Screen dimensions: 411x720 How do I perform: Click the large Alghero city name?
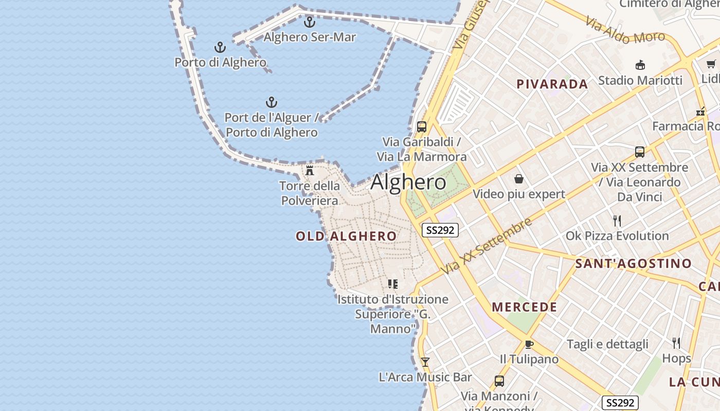(x=408, y=182)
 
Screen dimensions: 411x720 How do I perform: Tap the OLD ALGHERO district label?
(x=346, y=236)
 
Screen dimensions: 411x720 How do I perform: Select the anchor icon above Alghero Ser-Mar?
(x=309, y=22)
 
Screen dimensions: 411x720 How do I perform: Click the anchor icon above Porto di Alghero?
(x=220, y=48)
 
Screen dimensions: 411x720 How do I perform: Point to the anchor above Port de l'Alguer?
(x=271, y=102)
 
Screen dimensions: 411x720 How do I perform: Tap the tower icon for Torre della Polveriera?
(x=310, y=171)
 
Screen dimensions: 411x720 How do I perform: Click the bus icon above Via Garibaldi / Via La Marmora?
(x=422, y=126)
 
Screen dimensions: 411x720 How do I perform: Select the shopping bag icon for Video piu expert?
(x=519, y=179)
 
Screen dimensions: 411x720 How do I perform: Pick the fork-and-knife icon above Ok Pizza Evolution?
(x=617, y=221)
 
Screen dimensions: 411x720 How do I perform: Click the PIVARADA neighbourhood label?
(x=552, y=84)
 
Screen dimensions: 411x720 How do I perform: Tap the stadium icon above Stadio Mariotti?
(x=640, y=65)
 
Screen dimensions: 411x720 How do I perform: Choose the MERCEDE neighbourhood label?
(x=525, y=307)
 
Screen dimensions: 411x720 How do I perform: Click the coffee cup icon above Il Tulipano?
(x=529, y=344)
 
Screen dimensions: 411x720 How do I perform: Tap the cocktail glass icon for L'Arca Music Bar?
(x=425, y=362)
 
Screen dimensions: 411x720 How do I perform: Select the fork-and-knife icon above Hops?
(x=676, y=343)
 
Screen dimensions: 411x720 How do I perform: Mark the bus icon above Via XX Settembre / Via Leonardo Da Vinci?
(x=640, y=152)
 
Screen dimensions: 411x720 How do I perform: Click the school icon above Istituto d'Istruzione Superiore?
(x=393, y=284)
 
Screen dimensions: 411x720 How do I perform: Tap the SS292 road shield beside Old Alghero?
(x=440, y=230)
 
